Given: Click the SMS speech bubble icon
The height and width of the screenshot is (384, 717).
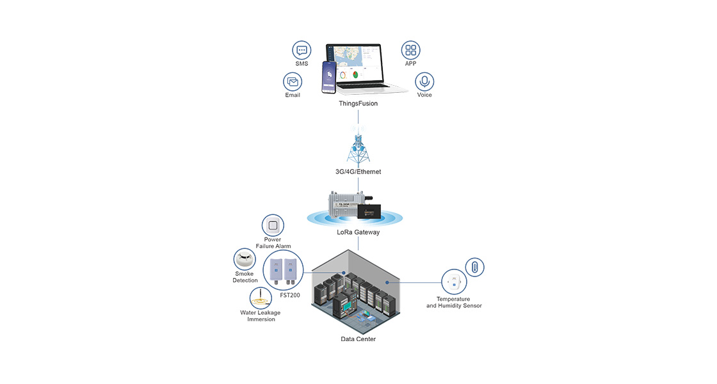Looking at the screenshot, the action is (302, 51).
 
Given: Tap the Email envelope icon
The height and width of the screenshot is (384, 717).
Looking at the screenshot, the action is (293, 82).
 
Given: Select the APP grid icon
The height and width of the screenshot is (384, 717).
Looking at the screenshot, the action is (410, 51).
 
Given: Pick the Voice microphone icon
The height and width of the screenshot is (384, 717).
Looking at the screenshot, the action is (424, 82).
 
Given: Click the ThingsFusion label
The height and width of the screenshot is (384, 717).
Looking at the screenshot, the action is (358, 103).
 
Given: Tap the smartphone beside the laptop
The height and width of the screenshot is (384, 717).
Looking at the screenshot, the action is (329, 77).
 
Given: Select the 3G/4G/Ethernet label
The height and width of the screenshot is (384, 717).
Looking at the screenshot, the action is (358, 172).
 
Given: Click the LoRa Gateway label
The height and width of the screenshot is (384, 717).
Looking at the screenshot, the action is (358, 232).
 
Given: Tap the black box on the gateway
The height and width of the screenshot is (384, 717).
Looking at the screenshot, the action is (369, 211).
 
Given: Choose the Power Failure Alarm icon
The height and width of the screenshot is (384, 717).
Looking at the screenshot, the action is (273, 225).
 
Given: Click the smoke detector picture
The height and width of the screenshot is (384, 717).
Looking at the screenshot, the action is (245, 260).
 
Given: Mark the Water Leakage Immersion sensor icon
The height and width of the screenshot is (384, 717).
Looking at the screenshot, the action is (261, 298).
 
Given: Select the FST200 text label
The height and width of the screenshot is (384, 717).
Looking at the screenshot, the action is (290, 295).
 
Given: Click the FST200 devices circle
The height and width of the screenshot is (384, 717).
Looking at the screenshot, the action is (283, 270).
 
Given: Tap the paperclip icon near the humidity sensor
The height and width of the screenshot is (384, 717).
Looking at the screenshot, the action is (474, 267).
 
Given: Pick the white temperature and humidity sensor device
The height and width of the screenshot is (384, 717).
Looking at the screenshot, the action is (454, 282).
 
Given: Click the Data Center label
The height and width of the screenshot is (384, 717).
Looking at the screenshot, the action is (358, 339).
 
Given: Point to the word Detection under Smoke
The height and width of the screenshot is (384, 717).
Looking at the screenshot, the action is (245, 280).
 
